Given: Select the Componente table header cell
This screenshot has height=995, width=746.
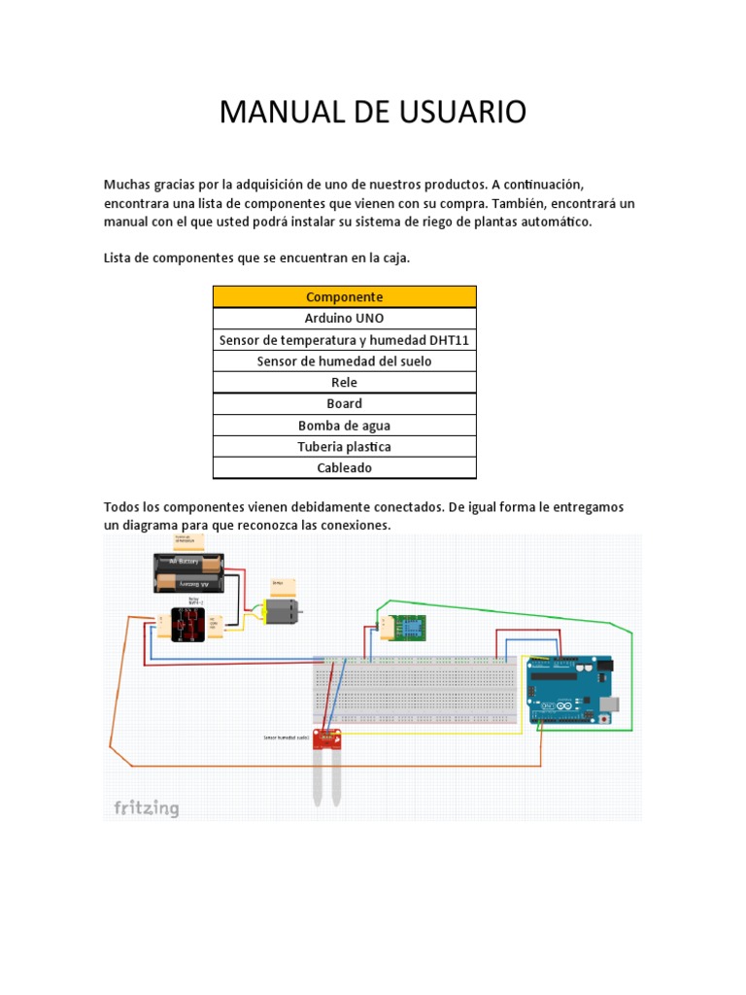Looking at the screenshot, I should pos(344,296).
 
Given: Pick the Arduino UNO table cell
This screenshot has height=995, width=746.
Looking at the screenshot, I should pos(344,318).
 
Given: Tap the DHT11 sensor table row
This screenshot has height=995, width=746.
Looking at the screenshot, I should pos(344,339).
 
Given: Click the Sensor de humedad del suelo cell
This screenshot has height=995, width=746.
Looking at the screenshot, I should pos(344,360).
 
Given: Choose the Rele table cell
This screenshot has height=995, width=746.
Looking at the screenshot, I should pos(344,382).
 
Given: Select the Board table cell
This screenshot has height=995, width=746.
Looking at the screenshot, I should pos(344,403).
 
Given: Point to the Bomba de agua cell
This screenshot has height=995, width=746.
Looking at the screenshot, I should pos(344,425).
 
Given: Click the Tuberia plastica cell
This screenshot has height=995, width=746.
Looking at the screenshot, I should pos(344,446).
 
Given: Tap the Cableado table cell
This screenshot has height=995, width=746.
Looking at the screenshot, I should pos(344,467).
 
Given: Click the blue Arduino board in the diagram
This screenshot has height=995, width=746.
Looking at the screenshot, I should pos(570,689).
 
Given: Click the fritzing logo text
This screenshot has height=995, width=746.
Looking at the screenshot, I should pos(147,807).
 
